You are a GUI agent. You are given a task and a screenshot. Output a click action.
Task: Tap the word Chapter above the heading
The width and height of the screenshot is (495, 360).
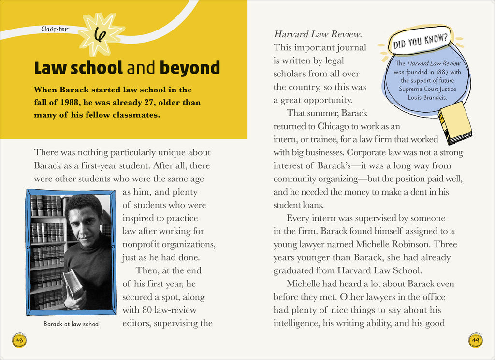(x=55, y=29)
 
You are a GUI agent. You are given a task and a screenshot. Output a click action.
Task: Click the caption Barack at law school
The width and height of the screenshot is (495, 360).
(x=71, y=324)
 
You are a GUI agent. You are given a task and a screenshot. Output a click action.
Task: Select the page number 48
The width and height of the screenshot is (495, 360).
(x=19, y=340)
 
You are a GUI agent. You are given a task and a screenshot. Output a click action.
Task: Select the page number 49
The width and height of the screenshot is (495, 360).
(x=475, y=340)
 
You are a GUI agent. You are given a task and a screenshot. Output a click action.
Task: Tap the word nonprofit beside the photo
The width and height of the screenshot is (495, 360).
(x=143, y=244)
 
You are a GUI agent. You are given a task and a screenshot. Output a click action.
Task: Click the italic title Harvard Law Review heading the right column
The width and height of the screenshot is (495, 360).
(x=318, y=34)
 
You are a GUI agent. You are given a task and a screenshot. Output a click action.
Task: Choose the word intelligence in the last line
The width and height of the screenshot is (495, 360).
(x=294, y=323)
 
